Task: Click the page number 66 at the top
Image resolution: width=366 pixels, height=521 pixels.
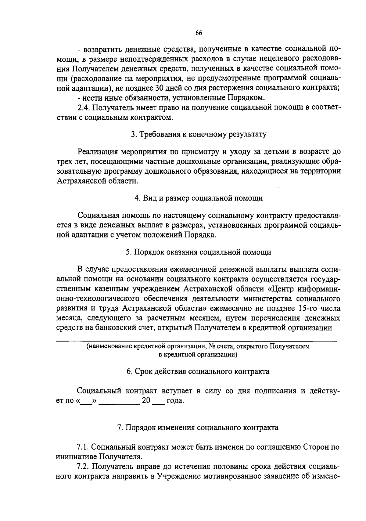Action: [199, 33]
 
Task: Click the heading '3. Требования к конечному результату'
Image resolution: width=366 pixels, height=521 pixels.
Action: [199, 134]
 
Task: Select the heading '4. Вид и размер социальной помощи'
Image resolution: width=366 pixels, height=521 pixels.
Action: [199, 198]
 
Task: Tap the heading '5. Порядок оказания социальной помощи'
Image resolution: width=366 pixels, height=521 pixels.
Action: [199, 252]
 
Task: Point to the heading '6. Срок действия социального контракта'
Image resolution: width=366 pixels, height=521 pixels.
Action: [198, 371]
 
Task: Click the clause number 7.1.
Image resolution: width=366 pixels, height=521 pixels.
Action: [83, 447]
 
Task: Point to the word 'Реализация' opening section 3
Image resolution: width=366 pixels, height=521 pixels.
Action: [98, 152]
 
